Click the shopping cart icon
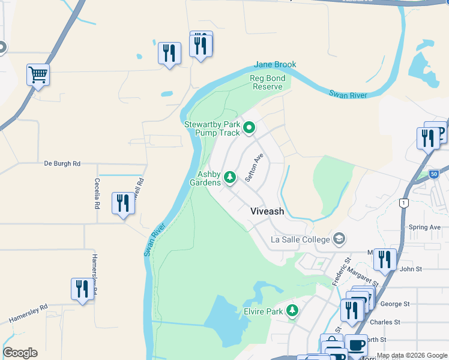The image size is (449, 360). pos(38,76)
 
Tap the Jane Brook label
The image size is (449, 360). pos(275,65)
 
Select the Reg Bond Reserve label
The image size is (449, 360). pos(267,82)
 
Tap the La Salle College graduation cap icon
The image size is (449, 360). pos(339,239)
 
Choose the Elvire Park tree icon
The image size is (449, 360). pos(292,311)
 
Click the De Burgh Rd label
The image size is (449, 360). pos(62,163)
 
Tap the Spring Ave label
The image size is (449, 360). pos(424,227)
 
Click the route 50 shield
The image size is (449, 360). pos(433,173)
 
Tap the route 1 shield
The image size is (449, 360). pos(405,203)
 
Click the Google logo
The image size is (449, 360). pos(20,353)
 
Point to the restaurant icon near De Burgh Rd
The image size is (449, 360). pos(123,203)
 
